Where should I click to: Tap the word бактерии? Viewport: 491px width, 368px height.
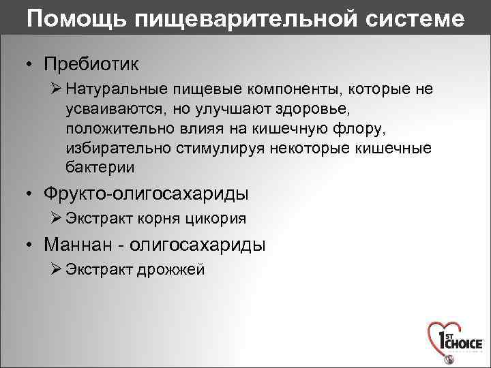[100, 167]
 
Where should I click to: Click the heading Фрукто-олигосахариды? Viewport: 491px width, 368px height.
[146, 194]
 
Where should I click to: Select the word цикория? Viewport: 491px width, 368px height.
[218, 219]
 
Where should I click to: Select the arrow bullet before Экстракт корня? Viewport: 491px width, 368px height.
[57, 219]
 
